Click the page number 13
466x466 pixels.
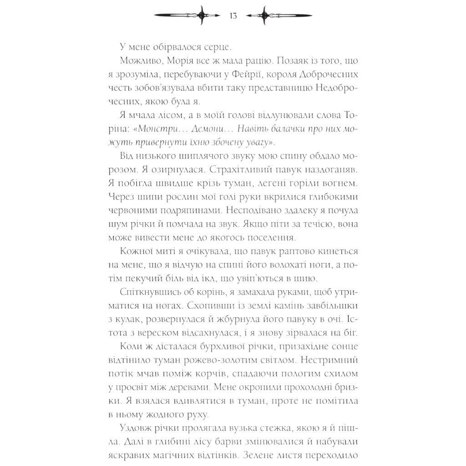pos(233,16)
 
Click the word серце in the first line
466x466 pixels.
pos(214,46)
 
